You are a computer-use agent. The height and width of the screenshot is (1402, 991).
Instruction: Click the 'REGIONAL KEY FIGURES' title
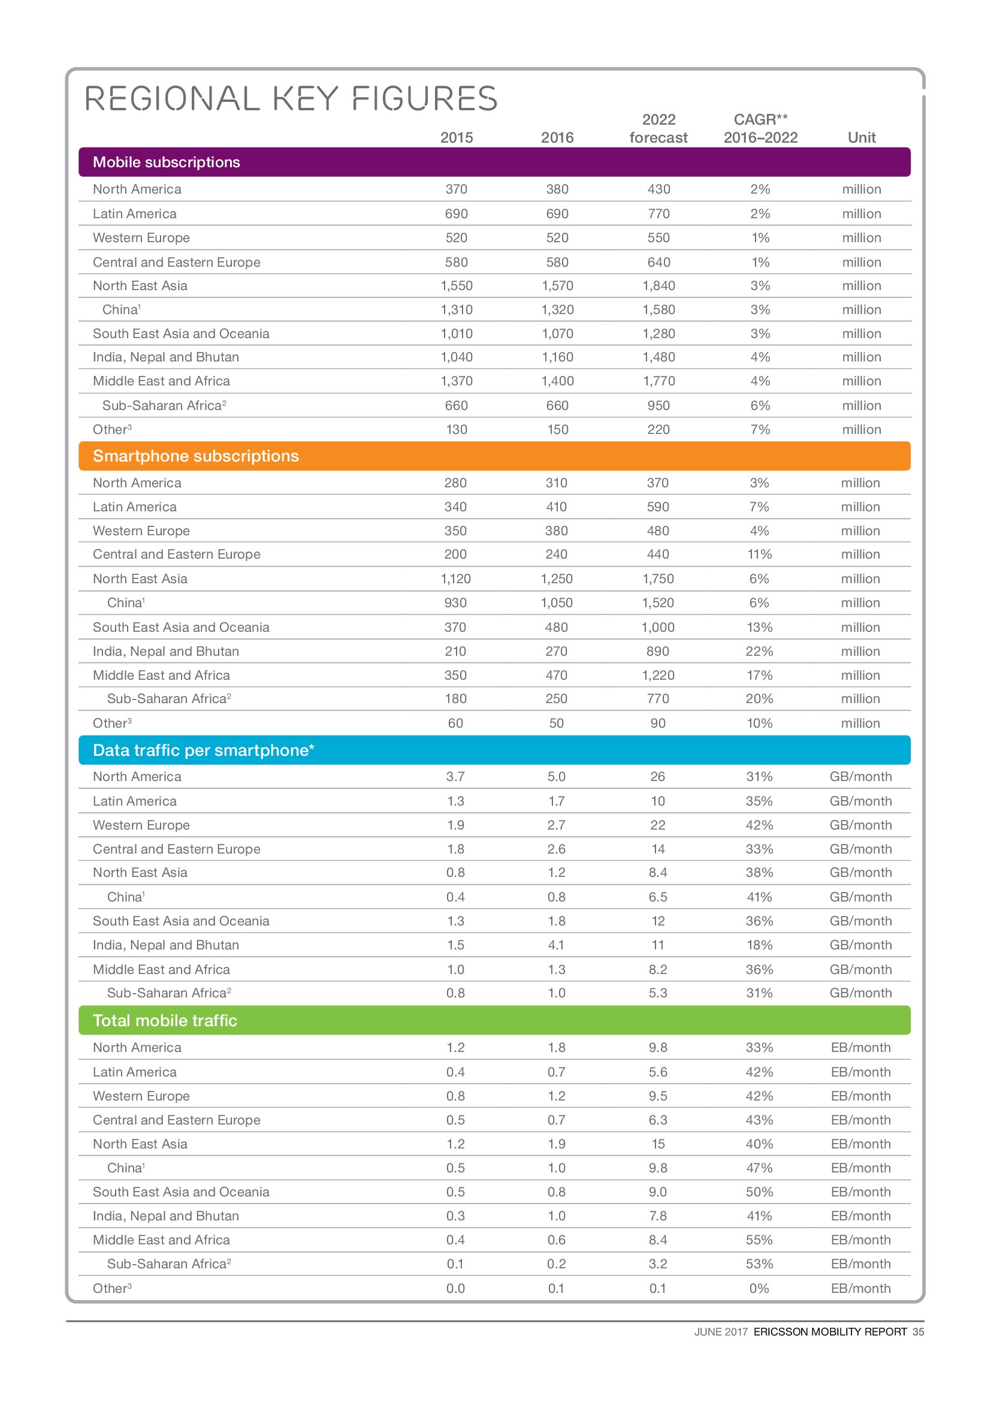(x=291, y=99)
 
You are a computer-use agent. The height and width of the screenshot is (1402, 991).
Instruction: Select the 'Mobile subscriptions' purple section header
(x=166, y=162)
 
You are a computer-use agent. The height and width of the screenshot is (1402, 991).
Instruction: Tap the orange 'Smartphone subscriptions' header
(x=195, y=456)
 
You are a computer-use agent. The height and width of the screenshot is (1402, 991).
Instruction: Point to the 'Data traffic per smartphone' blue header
(x=203, y=750)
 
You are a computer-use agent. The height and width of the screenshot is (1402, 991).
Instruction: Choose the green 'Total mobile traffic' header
(x=165, y=1020)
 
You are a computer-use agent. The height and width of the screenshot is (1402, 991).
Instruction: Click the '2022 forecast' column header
(x=658, y=129)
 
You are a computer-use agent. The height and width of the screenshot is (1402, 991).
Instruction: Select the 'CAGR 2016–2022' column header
(x=760, y=129)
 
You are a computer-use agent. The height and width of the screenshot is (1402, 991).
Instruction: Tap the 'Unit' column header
(x=861, y=138)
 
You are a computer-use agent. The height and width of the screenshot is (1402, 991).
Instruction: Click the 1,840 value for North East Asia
(x=658, y=286)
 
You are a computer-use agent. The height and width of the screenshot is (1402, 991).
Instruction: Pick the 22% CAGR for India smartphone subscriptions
(x=759, y=652)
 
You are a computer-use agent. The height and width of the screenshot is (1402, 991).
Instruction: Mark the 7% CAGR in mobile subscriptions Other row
(x=760, y=430)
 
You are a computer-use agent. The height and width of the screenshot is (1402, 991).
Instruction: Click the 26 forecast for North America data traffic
(x=657, y=777)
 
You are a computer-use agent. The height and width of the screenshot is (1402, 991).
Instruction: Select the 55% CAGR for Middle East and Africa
(x=759, y=1240)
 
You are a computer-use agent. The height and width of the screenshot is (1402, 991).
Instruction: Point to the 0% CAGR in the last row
(x=759, y=1289)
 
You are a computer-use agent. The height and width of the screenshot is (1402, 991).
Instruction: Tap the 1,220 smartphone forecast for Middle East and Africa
(x=658, y=676)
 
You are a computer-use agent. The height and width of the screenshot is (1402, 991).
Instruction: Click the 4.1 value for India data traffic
(x=556, y=945)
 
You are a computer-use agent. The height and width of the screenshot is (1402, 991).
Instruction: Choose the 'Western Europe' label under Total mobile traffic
(x=141, y=1096)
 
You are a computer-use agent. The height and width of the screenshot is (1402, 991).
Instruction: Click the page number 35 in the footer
(x=919, y=1332)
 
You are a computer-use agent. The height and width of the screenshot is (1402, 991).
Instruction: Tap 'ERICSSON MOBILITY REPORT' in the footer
(x=830, y=1332)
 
